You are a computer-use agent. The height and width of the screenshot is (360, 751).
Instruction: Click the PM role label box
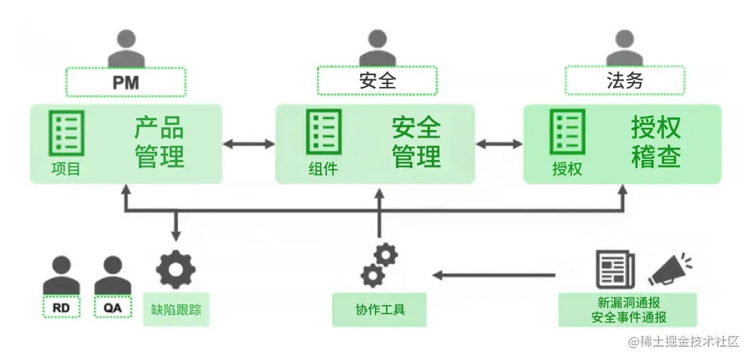[x=126, y=82]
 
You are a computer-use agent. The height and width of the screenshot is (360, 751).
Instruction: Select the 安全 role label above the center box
[x=377, y=81]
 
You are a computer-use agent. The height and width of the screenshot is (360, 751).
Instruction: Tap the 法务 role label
[x=624, y=81]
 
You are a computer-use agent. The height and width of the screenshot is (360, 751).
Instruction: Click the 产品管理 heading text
[x=159, y=142]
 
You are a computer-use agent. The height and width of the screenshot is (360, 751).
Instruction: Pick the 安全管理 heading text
[x=417, y=142]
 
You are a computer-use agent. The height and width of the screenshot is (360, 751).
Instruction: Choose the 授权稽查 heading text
[x=656, y=142]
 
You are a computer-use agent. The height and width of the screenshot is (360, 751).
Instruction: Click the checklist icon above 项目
[x=66, y=133]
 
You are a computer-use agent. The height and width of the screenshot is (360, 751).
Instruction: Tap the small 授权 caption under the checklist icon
[x=567, y=169]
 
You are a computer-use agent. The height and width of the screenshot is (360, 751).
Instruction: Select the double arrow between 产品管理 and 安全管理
[x=249, y=144]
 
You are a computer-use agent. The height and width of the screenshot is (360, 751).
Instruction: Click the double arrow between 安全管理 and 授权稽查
[x=499, y=144]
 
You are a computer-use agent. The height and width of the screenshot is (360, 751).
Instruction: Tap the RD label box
[x=61, y=306]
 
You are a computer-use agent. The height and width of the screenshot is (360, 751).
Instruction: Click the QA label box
[x=113, y=306]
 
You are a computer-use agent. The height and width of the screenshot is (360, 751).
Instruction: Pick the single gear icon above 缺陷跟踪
[x=175, y=270]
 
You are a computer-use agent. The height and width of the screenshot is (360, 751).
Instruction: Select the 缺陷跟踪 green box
[x=176, y=310]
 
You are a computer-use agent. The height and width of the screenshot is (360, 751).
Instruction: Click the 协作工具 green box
[x=380, y=310]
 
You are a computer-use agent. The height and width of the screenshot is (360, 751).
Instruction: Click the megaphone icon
[x=670, y=269]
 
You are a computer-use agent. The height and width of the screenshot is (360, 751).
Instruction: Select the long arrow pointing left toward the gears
[x=493, y=275]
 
